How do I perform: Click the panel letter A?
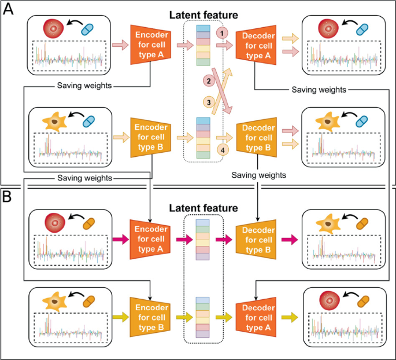[x=10, y=10]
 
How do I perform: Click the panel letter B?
[x=10, y=197]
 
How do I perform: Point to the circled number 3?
[x=208, y=102]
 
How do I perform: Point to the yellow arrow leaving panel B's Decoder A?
[x=289, y=318]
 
